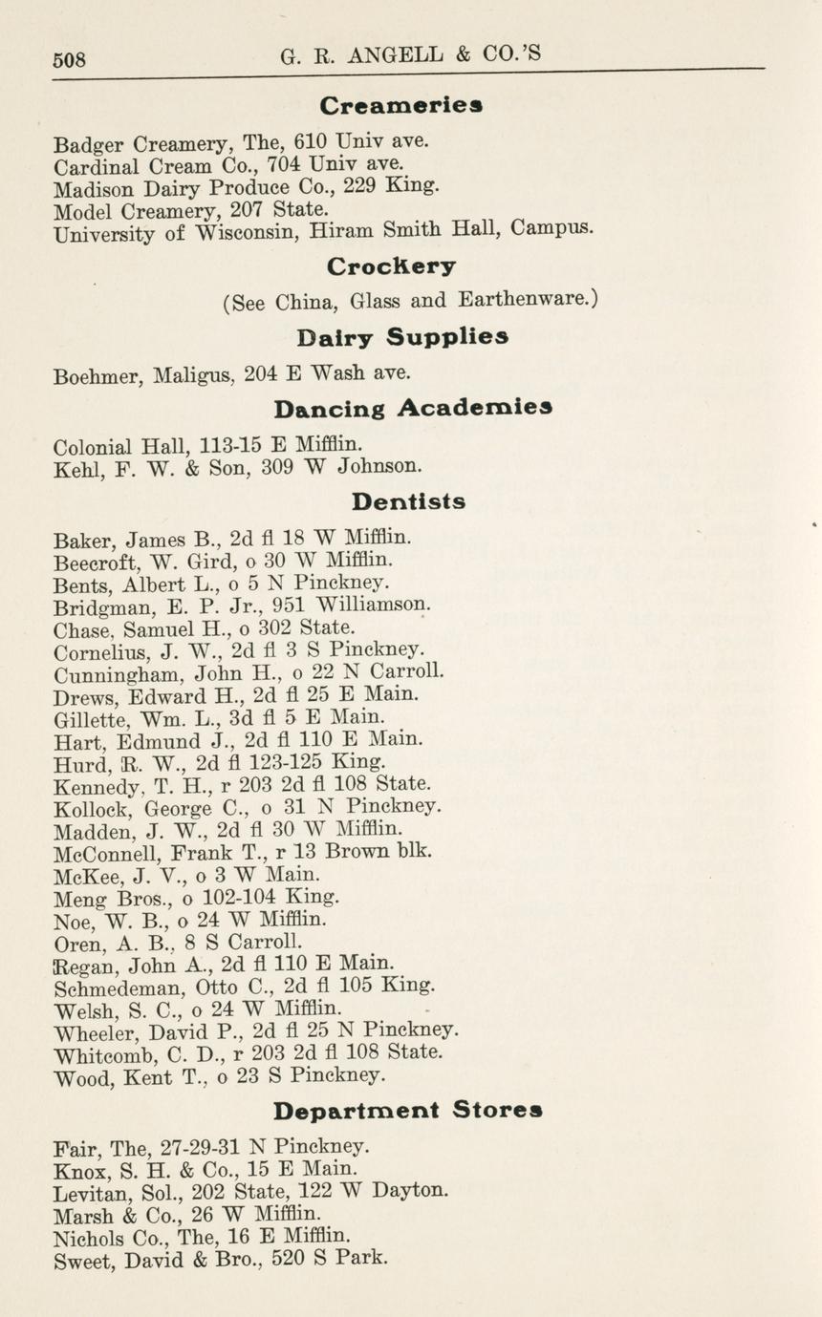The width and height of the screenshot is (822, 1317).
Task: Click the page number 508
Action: [69, 59]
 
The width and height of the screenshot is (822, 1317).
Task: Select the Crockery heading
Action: [391, 266]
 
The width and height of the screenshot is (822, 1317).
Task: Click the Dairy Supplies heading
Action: [401, 336]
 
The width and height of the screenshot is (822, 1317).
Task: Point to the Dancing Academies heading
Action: [412, 409]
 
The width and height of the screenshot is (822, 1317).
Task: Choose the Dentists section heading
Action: [408, 500]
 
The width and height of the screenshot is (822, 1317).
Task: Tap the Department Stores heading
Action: [408, 1111]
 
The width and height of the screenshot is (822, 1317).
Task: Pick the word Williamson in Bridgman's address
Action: [373, 605]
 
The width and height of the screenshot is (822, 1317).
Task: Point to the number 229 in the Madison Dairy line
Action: [364, 187]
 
